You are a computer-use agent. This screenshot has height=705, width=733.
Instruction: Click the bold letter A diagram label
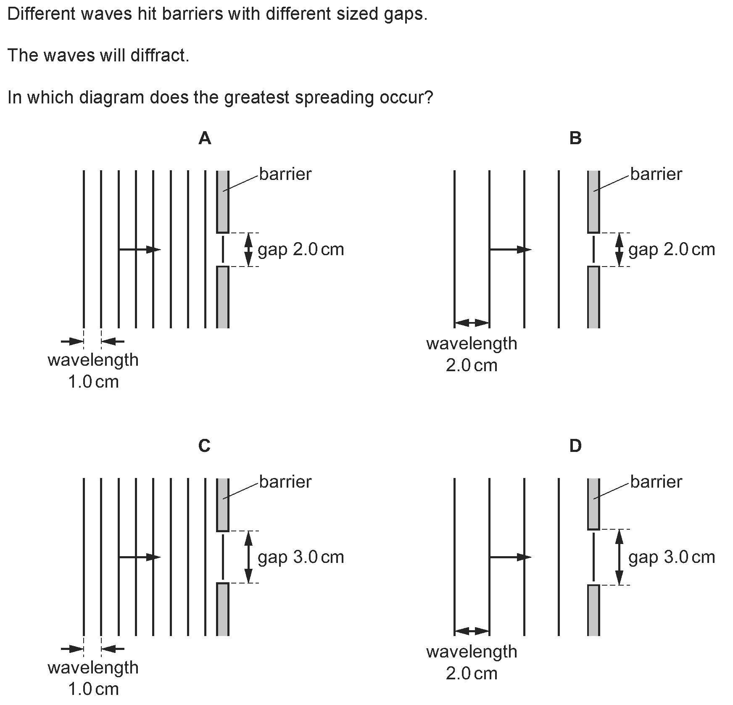tap(205, 138)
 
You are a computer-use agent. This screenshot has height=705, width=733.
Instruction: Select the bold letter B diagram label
tap(575, 138)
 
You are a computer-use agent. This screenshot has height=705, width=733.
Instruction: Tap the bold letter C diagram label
tap(204, 446)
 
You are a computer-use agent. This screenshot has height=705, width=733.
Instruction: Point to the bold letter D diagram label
tap(575, 446)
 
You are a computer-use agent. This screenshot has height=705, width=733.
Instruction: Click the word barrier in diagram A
tap(285, 174)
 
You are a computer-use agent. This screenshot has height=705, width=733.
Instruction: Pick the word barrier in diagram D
tap(656, 481)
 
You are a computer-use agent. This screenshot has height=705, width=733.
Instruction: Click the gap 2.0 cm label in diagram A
tap(301, 249)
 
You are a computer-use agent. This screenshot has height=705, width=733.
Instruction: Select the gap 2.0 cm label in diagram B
tap(672, 249)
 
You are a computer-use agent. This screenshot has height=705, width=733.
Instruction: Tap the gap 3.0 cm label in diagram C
tap(301, 557)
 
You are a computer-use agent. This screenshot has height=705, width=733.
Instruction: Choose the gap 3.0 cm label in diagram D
tap(672, 557)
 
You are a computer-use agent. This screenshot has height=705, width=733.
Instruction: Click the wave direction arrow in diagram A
tap(140, 250)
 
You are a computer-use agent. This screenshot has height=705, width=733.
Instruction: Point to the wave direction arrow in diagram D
tap(510, 557)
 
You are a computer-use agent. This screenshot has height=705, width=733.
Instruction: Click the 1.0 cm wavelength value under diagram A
tap(93, 382)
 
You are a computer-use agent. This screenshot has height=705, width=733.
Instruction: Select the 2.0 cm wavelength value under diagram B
tap(472, 365)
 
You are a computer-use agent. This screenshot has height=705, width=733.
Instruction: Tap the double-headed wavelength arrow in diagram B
tap(472, 323)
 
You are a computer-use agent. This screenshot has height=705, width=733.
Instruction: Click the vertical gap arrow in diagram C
tap(248, 557)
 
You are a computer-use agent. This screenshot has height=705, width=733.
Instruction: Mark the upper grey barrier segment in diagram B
tap(593, 201)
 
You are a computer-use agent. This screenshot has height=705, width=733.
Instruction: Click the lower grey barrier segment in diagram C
tap(223, 609)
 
